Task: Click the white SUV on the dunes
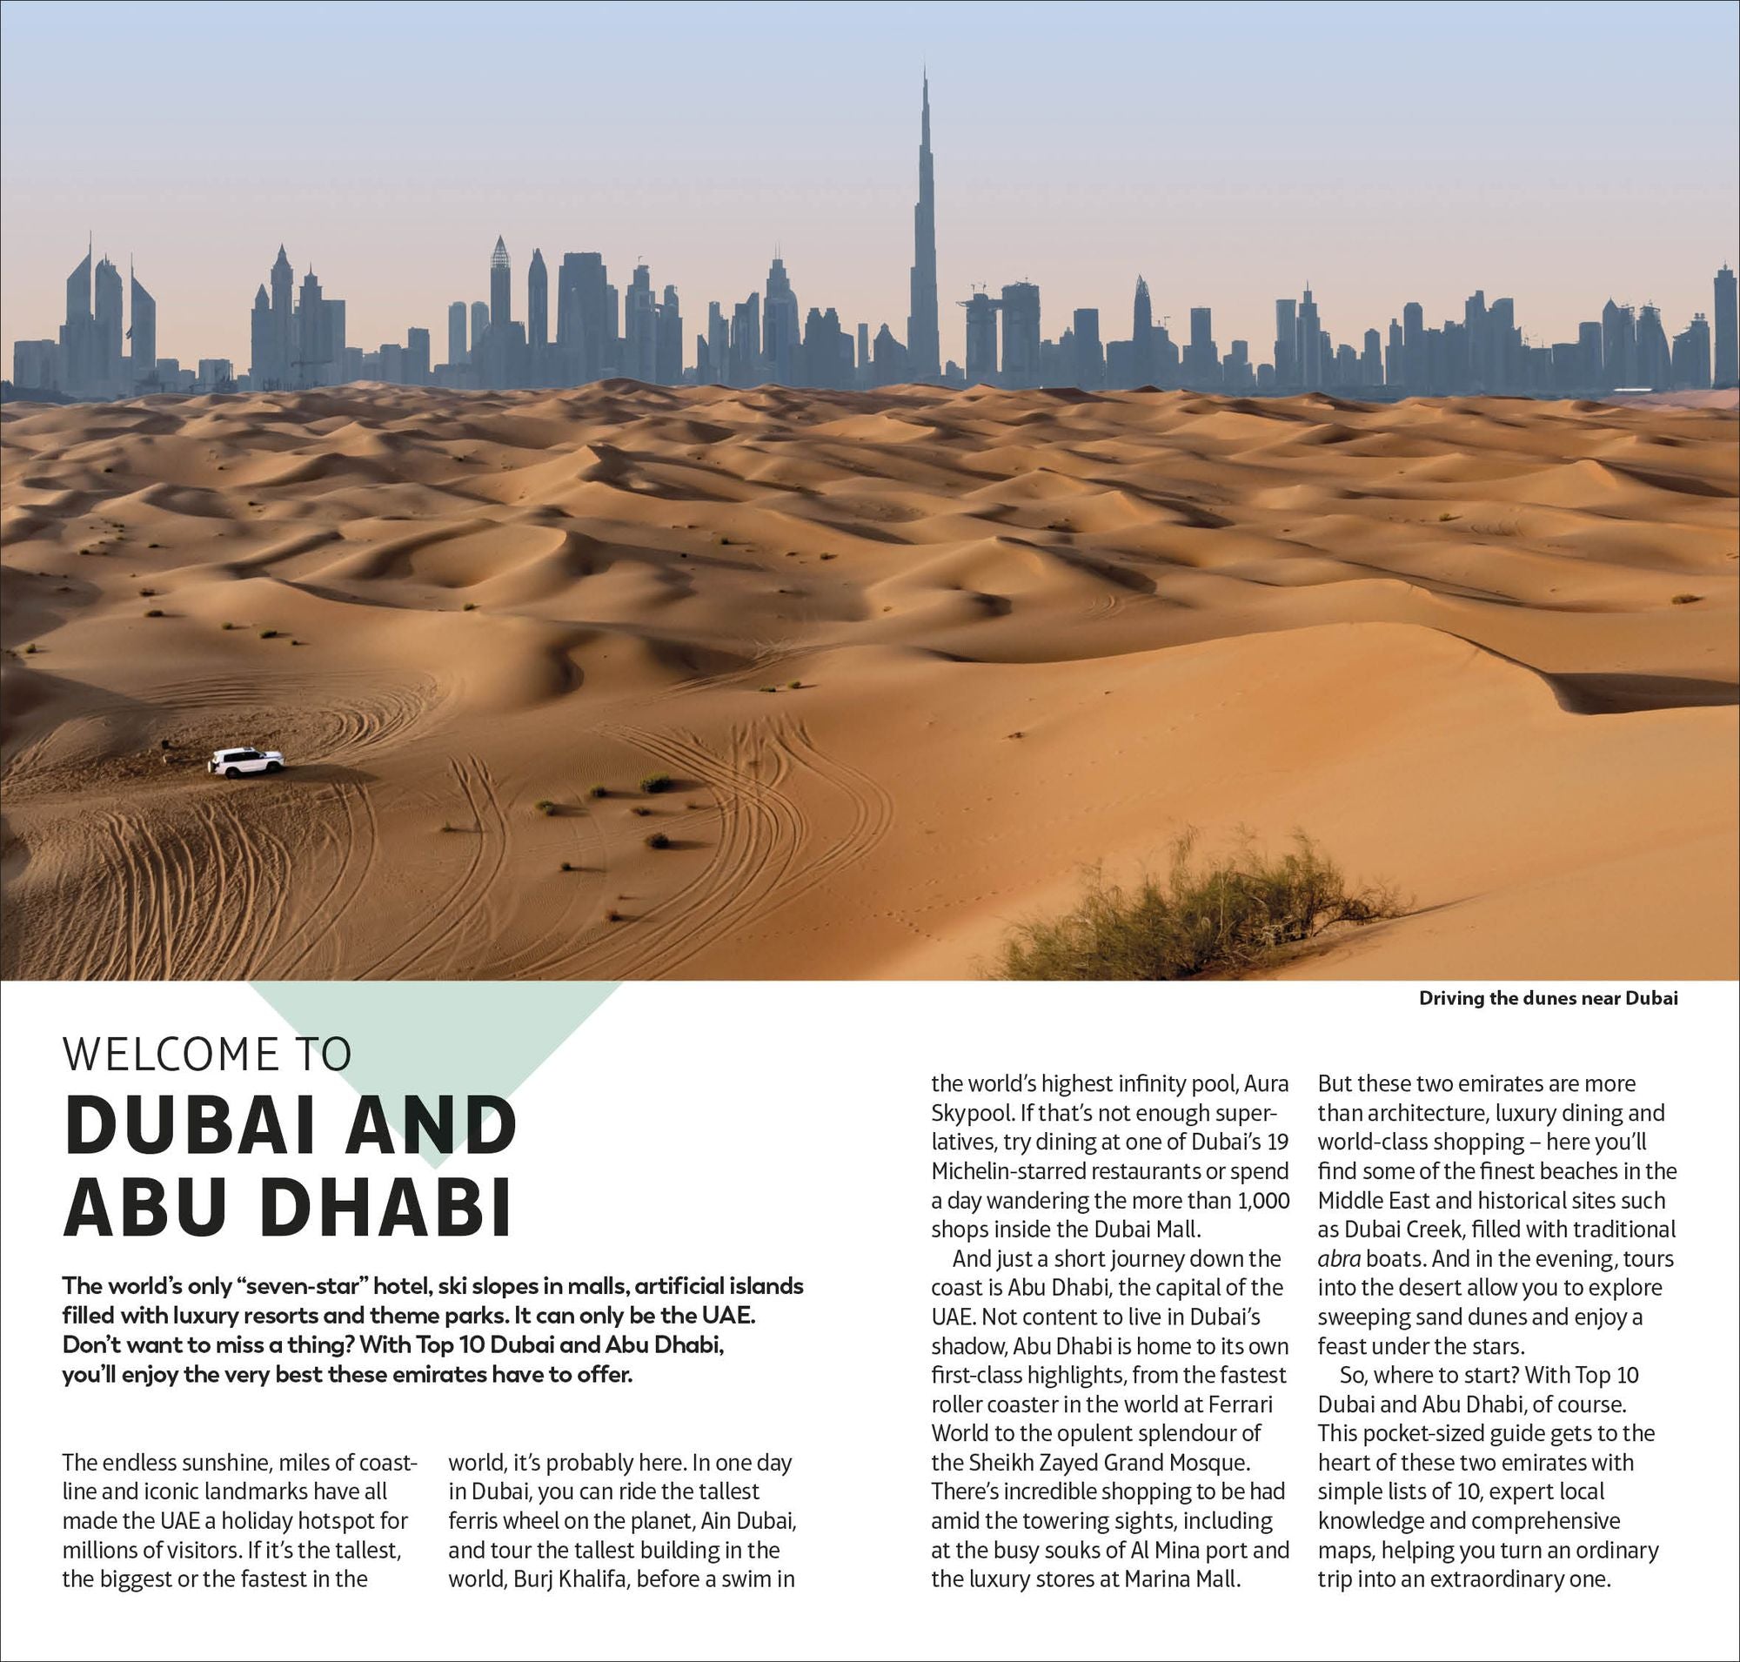click(245, 762)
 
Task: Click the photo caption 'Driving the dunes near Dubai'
click(1548, 998)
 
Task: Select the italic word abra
click(1339, 1259)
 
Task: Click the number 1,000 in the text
click(1261, 1201)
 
